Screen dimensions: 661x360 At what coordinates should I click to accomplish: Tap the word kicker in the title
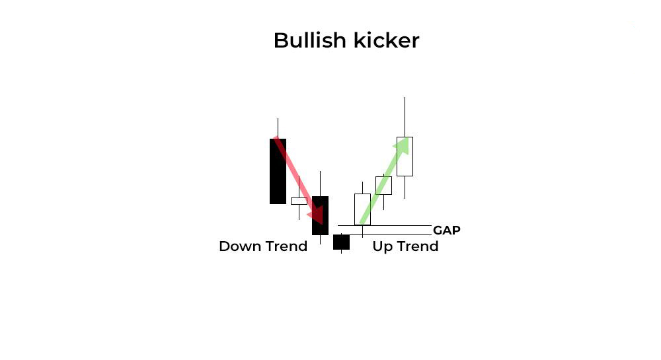(386, 40)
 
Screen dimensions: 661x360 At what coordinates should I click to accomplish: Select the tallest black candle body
(278, 171)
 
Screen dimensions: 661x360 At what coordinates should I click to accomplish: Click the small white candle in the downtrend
(299, 201)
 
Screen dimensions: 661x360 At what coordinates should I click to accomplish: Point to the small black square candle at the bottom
(342, 242)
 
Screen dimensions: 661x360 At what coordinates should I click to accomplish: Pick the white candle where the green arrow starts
(362, 209)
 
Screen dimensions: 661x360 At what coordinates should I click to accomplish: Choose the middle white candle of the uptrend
(383, 185)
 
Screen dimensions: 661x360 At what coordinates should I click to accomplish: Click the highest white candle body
(405, 156)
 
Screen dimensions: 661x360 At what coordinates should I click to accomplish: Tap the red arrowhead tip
(322, 225)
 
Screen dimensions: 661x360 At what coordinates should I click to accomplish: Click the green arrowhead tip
(407, 137)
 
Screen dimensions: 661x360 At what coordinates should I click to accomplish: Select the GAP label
(446, 231)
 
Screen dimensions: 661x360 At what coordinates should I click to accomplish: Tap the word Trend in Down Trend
(286, 246)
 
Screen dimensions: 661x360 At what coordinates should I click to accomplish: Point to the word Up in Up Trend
(382, 247)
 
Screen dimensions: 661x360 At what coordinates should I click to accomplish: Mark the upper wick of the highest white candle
(405, 117)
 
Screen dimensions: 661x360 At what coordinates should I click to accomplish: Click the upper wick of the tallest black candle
(278, 128)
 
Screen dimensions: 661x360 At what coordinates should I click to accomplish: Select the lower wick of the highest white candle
(405, 188)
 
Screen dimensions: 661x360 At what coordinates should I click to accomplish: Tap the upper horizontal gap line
(385, 226)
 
